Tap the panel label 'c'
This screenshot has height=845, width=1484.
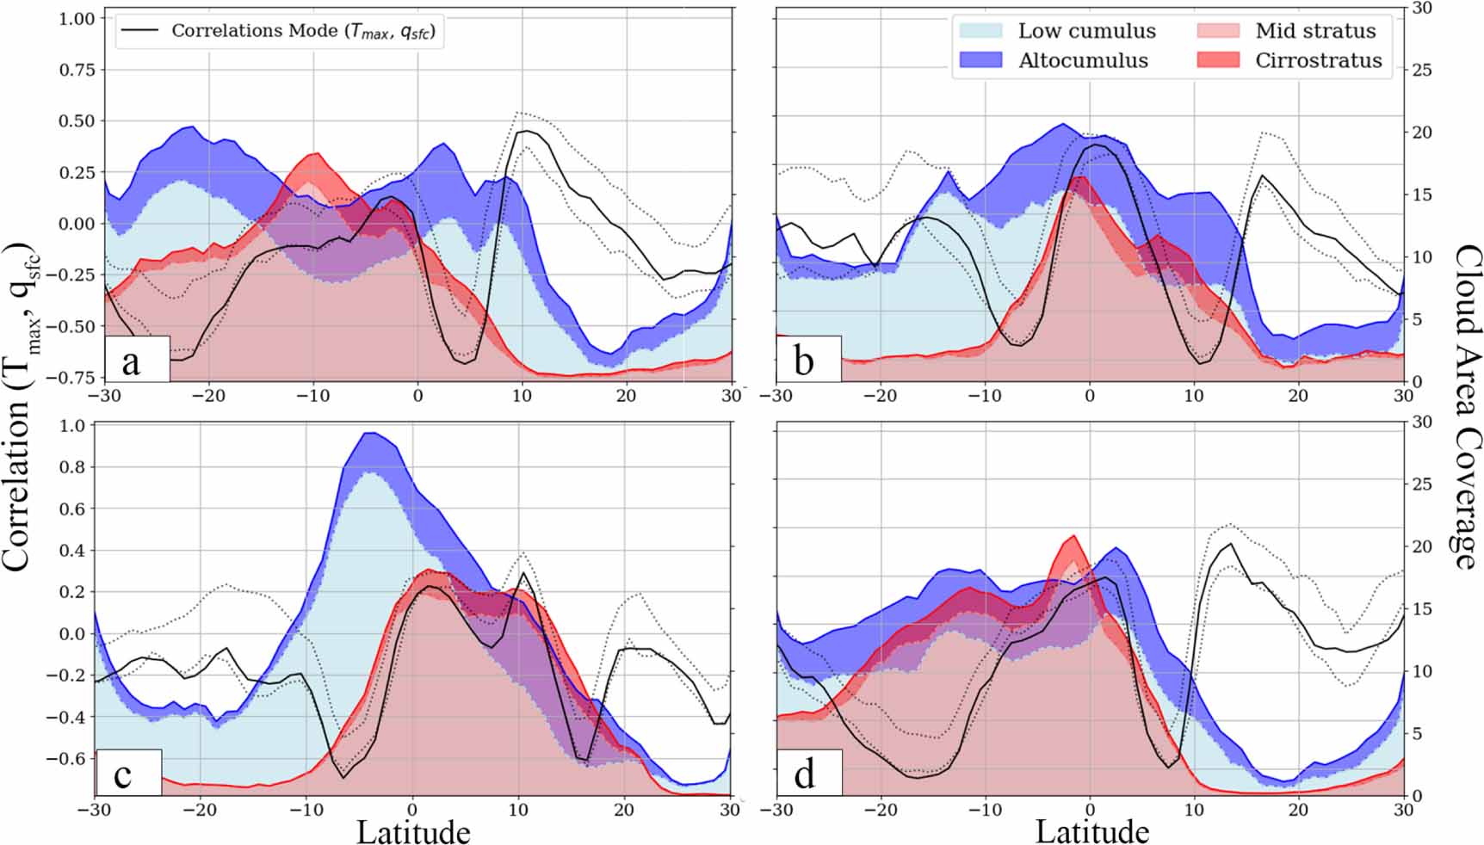tap(123, 774)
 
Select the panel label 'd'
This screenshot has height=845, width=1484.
tap(804, 774)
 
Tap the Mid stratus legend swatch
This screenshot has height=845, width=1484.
tap(1218, 31)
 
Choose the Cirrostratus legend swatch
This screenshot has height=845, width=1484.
tap(1218, 60)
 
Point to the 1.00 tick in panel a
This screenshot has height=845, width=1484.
tap(76, 18)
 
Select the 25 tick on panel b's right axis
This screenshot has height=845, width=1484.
tap(1421, 70)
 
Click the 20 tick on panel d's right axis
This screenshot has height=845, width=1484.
tap(1421, 546)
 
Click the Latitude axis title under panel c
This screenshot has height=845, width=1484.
tap(413, 831)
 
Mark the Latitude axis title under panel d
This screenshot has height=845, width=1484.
tap(1091, 831)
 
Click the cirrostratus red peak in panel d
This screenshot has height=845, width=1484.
tap(1072, 536)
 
